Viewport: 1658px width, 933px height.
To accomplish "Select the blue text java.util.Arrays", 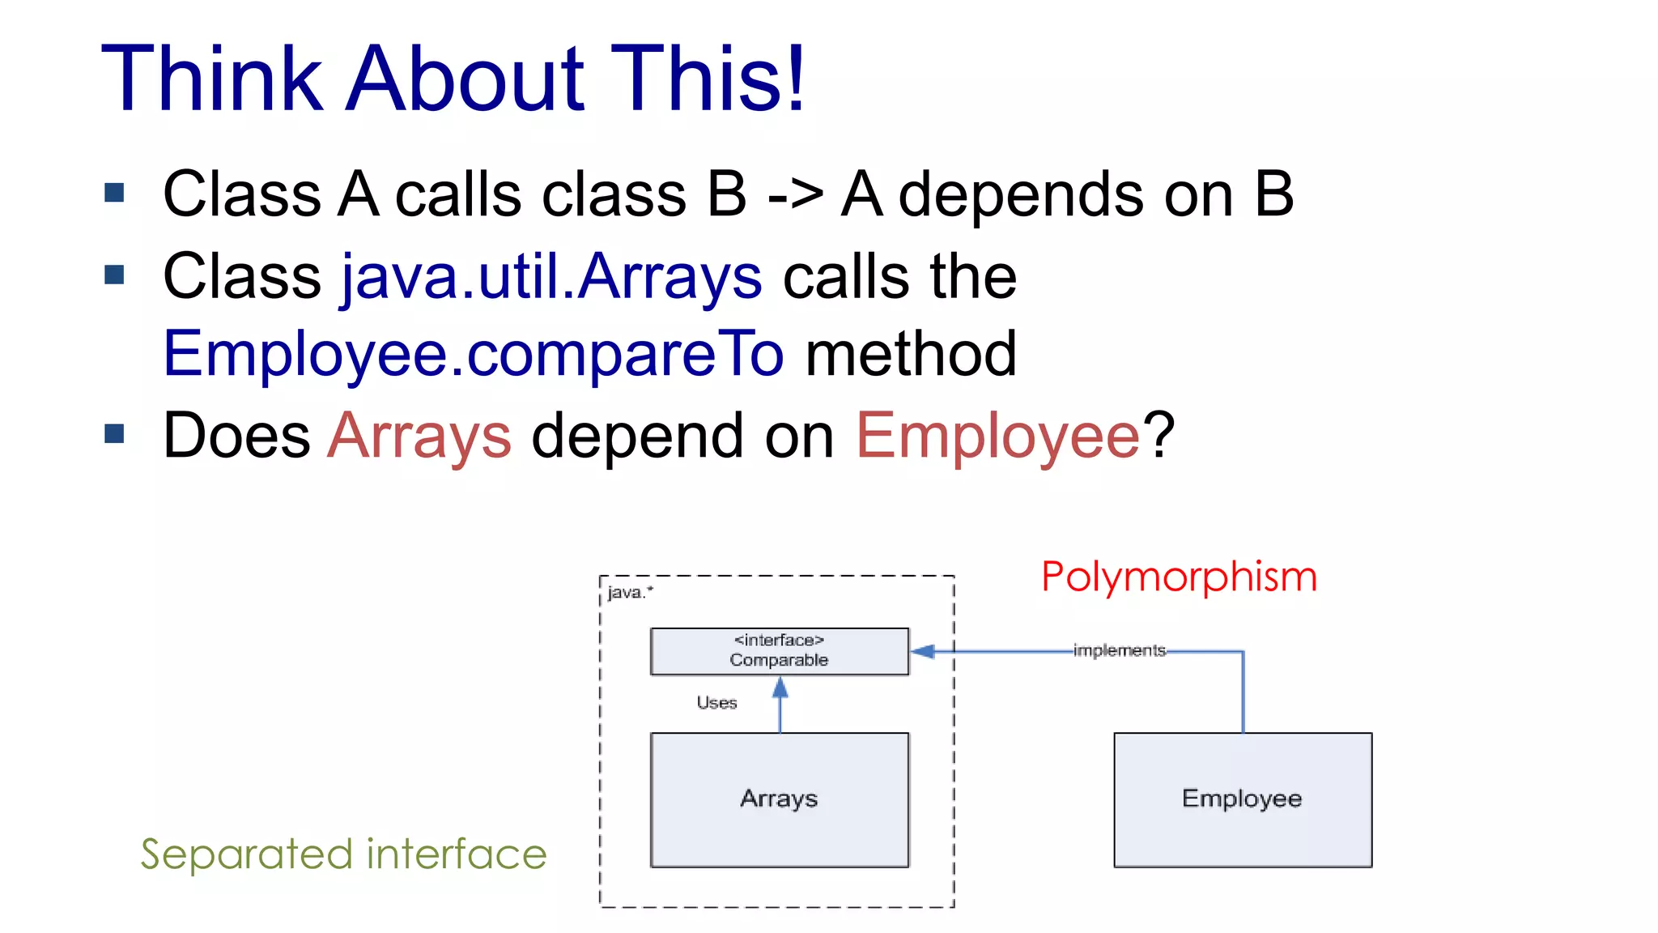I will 551,277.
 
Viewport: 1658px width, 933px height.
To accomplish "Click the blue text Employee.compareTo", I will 474,354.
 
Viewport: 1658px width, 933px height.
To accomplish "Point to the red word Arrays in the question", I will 419,436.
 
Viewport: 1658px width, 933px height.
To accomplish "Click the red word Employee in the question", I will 997,436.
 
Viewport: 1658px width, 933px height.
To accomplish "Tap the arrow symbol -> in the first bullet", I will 795,195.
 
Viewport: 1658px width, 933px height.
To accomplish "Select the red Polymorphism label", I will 1179,577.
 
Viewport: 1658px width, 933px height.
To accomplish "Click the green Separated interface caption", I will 343,854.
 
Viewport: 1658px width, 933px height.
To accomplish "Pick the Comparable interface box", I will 779,650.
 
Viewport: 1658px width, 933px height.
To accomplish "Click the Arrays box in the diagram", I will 779,799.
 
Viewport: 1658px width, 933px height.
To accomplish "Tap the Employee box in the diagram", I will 1242,799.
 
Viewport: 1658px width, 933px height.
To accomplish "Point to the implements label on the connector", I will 1119,650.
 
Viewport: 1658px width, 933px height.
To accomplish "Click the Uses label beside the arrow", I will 716,703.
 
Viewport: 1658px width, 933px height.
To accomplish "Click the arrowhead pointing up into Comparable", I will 780,688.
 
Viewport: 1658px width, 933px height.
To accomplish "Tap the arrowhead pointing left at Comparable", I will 923,651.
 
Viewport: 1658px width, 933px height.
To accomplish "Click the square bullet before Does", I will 114,434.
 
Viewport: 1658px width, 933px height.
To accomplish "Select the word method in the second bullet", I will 911,354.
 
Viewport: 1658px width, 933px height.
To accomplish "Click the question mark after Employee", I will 1159,436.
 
